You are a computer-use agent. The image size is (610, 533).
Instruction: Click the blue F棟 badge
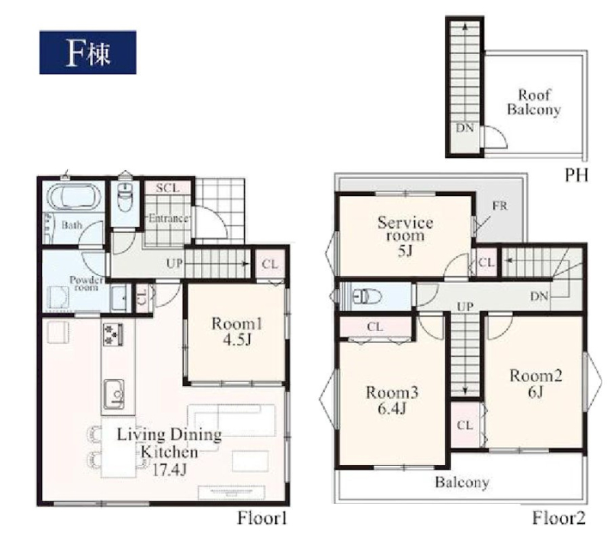(88, 52)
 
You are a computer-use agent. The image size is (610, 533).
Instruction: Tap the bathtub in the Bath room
(74, 196)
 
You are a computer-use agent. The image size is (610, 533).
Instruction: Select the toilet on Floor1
(125, 197)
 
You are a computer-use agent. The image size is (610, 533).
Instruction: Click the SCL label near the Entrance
(168, 188)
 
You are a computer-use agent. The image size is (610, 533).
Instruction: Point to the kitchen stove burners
(113, 334)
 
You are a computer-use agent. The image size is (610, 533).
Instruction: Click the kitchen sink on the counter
(114, 394)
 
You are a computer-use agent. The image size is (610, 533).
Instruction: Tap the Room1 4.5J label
(237, 332)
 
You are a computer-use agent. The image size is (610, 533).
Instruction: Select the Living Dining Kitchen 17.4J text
(169, 452)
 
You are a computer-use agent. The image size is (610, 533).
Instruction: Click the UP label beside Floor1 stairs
(175, 263)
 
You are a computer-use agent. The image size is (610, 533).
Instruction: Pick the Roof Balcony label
(534, 102)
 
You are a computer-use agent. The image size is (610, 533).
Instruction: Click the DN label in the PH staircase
(465, 127)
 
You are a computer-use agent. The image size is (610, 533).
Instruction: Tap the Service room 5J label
(406, 236)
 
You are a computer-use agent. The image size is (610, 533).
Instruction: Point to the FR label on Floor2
(500, 205)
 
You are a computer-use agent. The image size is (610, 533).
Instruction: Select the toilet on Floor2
(367, 297)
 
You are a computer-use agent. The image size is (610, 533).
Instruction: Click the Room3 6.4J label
(392, 400)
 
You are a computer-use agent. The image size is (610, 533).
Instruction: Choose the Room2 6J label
(536, 384)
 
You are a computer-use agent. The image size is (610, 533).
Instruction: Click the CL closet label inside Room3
(375, 327)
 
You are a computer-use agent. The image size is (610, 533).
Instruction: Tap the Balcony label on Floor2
(462, 483)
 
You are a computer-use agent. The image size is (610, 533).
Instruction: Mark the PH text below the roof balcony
(576, 175)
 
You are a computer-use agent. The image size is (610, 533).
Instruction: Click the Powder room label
(86, 283)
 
